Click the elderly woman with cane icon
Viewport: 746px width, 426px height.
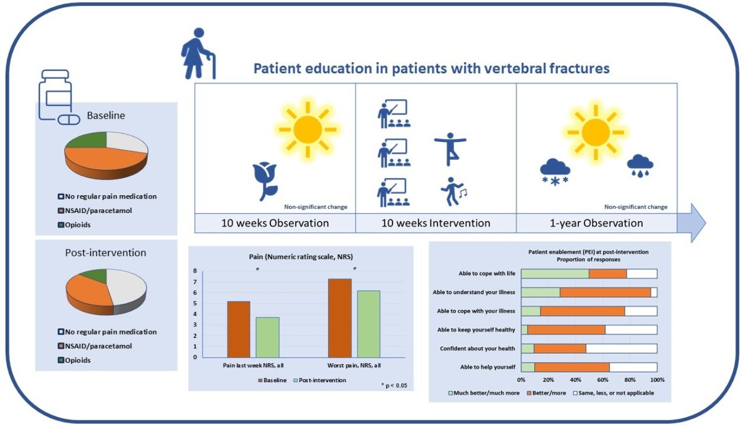pos(198,53)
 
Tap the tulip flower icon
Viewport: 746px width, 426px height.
pos(265,181)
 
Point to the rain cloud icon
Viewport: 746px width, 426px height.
pos(640,166)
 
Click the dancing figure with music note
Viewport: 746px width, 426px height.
pos(453,191)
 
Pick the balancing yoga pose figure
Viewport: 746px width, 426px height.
pos(450,149)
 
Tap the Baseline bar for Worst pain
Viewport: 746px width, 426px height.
pos(340,318)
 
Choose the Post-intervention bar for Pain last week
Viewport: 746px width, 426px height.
pos(268,337)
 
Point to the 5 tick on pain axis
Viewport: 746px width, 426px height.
pos(195,303)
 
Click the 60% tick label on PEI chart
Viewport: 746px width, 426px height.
pos(602,380)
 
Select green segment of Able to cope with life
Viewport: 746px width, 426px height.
pos(555,274)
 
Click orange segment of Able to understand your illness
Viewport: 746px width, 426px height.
pos(605,292)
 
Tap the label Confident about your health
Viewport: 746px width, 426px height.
pos(477,348)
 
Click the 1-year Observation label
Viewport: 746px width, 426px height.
pos(596,223)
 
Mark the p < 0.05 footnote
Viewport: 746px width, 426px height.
pos(394,386)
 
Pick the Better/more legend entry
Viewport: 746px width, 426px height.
pos(547,393)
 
